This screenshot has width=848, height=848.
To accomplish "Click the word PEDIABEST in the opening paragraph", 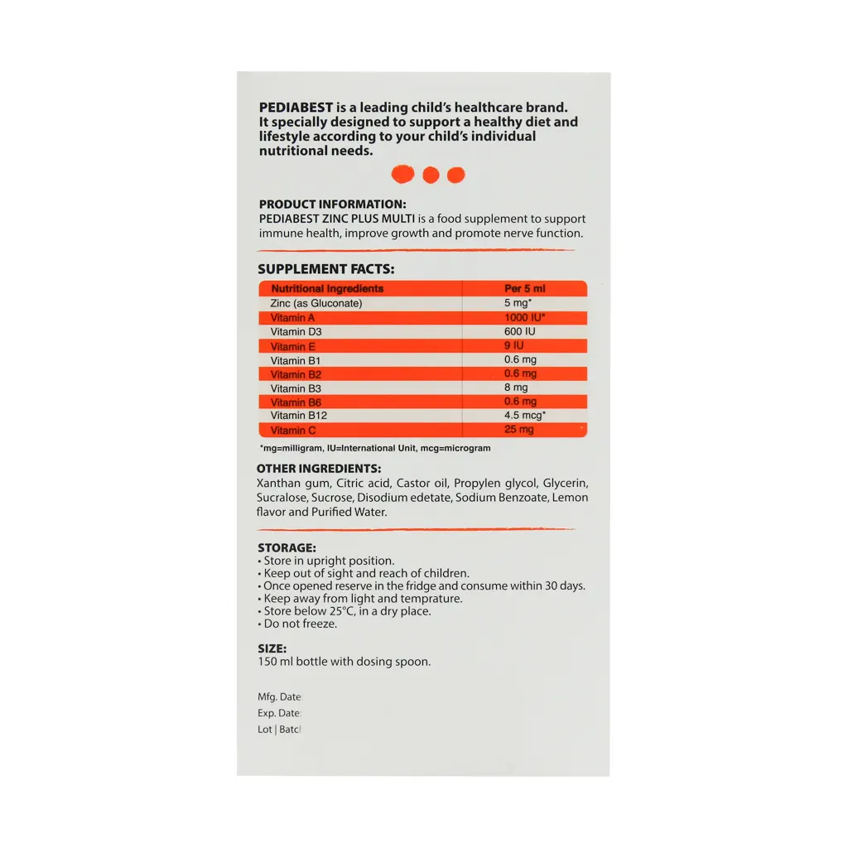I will click(x=296, y=108).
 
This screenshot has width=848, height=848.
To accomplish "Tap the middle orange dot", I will click(x=430, y=175).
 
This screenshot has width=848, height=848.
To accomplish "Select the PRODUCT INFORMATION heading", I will click(x=332, y=205).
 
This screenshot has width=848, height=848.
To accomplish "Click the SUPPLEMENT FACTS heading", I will click(x=325, y=269).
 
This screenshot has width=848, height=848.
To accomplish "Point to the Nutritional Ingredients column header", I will click(x=327, y=289).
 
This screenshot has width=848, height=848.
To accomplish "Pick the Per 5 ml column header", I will click(x=525, y=289).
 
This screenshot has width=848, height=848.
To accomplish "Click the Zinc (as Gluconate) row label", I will click(x=316, y=303).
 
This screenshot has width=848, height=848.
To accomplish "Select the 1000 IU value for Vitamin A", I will click(x=524, y=318).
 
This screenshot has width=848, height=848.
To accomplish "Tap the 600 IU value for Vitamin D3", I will click(x=520, y=331).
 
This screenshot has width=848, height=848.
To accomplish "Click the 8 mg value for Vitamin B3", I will click(x=516, y=388).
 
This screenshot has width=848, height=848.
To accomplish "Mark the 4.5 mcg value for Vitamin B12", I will click(x=525, y=415).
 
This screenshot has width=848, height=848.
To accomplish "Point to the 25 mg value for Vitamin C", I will click(x=519, y=430).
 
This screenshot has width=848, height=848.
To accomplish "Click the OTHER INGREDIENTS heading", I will click(x=319, y=469).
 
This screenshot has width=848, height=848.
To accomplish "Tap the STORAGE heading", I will click(x=286, y=548).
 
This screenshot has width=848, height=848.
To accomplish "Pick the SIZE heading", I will click(x=272, y=648).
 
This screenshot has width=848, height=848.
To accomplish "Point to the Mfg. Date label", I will click(x=279, y=697).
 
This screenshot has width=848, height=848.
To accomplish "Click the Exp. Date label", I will click(x=279, y=713).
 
